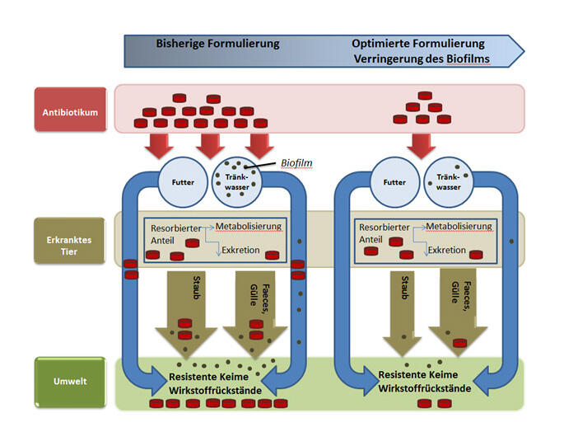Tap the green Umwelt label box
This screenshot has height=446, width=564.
(70, 381)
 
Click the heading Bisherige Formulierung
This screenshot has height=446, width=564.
(217, 43)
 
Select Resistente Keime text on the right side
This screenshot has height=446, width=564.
(423, 373)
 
